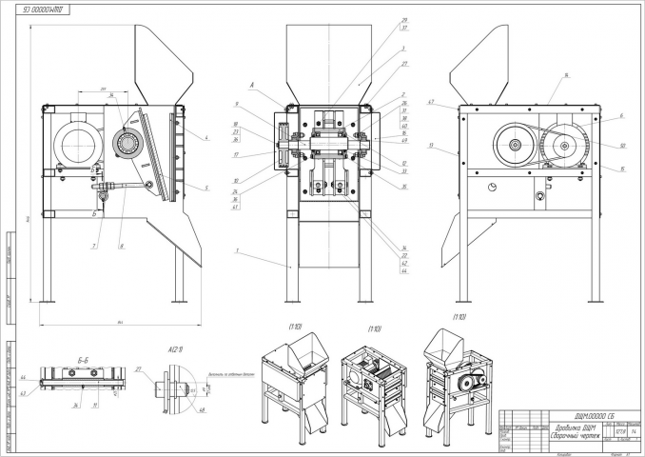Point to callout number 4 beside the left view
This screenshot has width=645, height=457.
(205, 138)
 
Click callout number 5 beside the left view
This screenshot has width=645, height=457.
(205, 189)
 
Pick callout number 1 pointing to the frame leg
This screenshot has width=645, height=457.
(234, 250)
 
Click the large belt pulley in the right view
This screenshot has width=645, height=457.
(515, 145)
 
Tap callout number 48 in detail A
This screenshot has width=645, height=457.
(201, 411)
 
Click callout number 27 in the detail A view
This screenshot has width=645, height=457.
(138, 368)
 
